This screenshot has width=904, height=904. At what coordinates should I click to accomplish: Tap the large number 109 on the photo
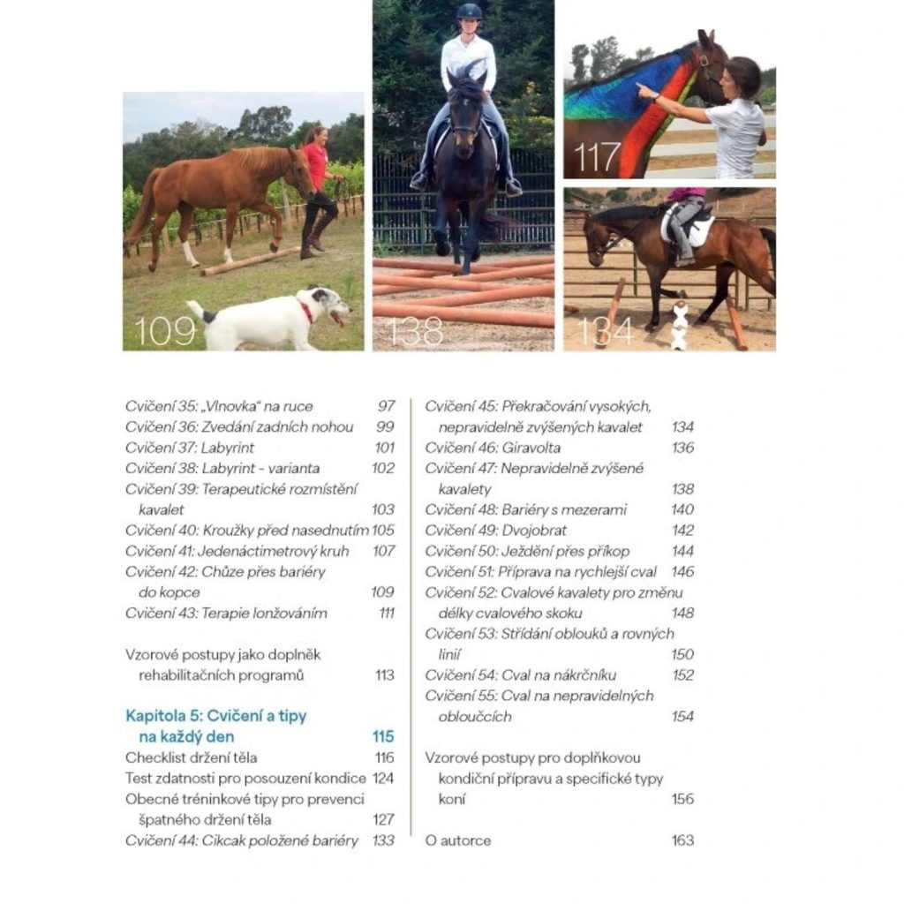point(165,331)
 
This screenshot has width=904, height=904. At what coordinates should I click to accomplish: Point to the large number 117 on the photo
point(598,157)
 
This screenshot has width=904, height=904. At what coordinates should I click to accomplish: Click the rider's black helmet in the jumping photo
point(470,12)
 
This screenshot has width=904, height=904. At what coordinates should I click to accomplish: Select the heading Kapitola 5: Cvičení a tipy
point(216,716)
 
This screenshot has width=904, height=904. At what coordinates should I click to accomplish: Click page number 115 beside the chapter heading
point(382,736)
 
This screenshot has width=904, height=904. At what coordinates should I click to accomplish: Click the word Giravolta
point(531,448)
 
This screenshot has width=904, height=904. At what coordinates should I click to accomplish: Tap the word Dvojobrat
point(534,531)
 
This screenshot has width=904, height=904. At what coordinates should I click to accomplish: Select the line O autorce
point(457,840)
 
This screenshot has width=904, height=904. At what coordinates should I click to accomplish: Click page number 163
point(682,840)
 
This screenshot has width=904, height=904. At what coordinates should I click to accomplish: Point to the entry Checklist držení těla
point(192,757)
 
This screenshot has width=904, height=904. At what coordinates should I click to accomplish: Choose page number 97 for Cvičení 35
point(386,406)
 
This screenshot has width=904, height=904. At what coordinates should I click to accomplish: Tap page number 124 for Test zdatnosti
point(383,779)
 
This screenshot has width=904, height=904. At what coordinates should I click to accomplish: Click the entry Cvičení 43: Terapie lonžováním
point(226,613)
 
